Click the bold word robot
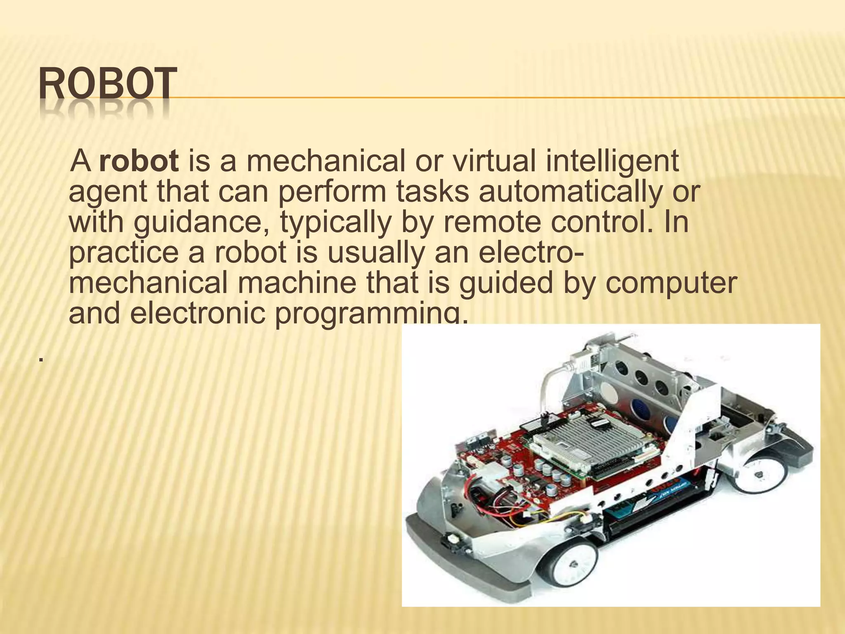(x=139, y=161)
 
